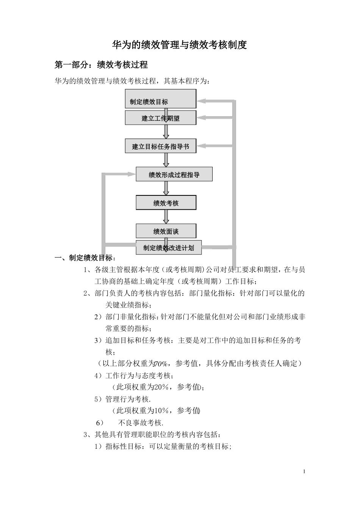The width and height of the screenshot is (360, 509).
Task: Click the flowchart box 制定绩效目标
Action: click(x=160, y=99)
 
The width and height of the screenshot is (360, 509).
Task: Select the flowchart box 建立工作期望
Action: click(x=160, y=118)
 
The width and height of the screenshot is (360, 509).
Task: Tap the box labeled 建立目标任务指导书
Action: click(x=160, y=146)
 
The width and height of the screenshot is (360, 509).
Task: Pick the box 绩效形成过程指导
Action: click(x=174, y=175)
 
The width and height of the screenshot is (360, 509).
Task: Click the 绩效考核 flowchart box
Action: click(x=166, y=203)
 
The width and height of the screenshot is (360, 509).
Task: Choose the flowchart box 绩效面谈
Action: click(x=166, y=231)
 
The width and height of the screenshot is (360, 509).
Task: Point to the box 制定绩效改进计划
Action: click(x=169, y=248)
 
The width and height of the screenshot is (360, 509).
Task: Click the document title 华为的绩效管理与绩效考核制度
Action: click(x=180, y=45)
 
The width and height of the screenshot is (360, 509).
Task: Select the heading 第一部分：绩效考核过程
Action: click(x=101, y=65)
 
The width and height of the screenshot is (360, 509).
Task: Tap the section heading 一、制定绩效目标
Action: click(x=85, y=258)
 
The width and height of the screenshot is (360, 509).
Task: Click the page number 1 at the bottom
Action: click(x=304, y=472)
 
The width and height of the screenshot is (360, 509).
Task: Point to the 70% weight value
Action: click(x=161, y=364)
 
